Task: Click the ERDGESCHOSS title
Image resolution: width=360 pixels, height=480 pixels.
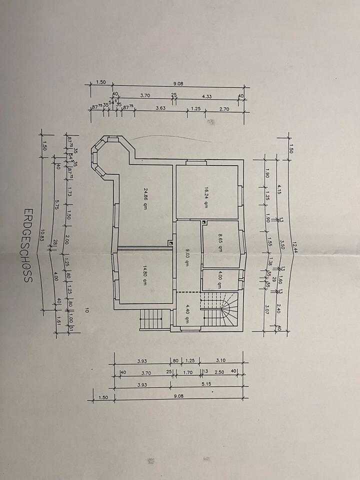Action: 27,246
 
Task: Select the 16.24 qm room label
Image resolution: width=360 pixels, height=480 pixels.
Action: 206,193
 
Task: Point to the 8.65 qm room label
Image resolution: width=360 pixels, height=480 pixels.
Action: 220,236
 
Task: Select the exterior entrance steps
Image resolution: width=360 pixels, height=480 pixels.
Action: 152,318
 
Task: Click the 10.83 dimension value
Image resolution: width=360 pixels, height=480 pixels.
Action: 44,234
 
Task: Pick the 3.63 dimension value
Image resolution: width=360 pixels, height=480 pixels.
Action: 161,107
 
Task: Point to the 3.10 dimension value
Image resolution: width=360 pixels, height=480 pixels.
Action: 221,360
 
